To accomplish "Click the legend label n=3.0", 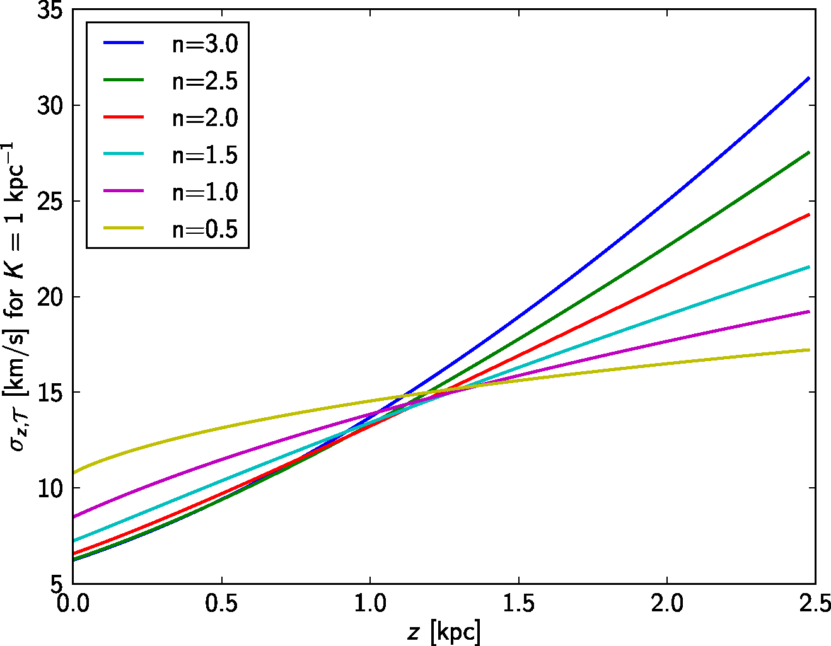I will coord(205,45).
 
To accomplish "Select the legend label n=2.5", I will coord(205,81).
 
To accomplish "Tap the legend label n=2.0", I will coord(205,118).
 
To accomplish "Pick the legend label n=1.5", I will coord(205,155).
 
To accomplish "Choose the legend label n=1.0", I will coord(205,192).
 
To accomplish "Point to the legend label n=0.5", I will coord(205,229).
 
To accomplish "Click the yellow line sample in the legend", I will coord(124,228).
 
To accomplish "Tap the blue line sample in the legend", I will coord(124,43).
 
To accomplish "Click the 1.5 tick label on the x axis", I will coord(518,604).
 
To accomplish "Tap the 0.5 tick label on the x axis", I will coord(221,604).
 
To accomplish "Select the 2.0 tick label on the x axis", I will coord(667,604).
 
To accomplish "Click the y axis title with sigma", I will coord(17,296).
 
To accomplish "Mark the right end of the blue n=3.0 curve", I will coord(808,78).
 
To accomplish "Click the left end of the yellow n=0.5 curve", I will coord(74,472).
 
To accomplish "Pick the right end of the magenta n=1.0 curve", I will coord(808,311).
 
